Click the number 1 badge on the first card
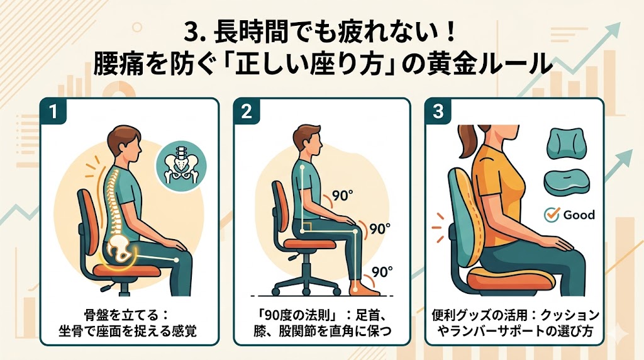coord(53,111)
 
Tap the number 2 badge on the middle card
coord(247,111)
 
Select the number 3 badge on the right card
coord(438,111)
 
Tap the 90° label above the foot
coord(382,272)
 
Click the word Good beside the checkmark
coord(579,215)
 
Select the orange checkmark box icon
coord(551,214)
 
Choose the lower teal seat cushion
coord(565,184)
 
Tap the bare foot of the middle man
coord(365,288)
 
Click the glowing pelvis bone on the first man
coord(121,249)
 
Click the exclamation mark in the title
coord(450,33)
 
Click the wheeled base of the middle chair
coord(306,284)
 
